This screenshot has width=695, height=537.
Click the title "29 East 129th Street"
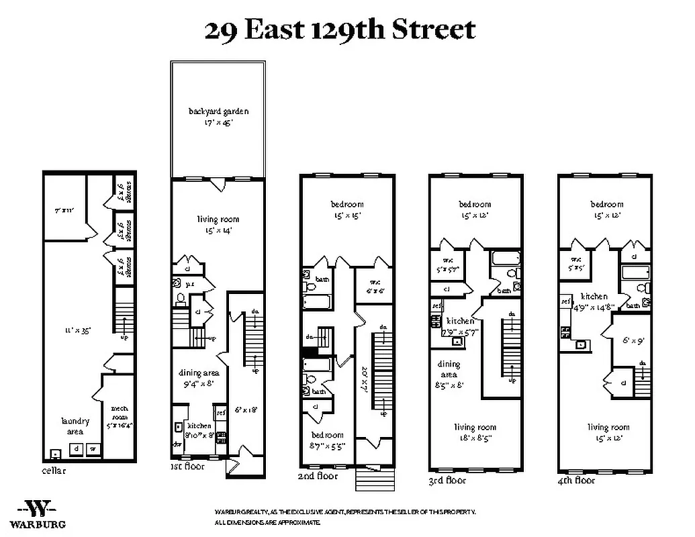(x=340, y=30)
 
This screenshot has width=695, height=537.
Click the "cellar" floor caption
(x=54, y=471)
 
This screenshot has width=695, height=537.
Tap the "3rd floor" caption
(x=447, y=480)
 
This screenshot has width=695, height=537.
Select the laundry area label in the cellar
(x=75, y=426)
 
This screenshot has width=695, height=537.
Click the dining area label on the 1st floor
(x=195, y=379)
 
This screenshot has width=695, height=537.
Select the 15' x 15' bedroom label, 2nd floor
(x=346, y=209)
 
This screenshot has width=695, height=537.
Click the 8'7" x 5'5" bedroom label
(x=326, y=440)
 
